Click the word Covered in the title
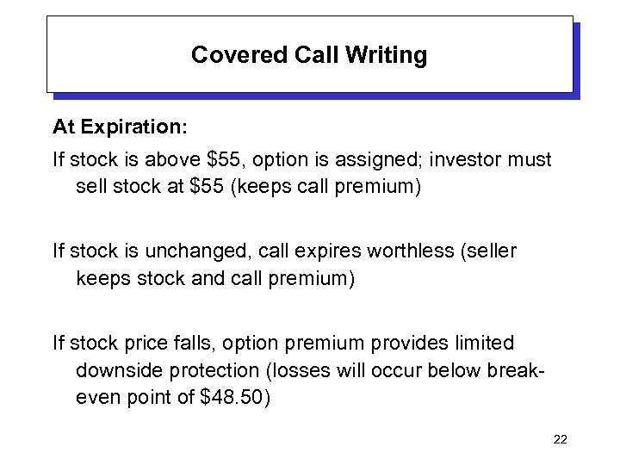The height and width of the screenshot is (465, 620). (x=226, y=56)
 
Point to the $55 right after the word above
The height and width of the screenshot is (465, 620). (x=219, y=160)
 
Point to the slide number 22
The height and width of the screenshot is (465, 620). (x=560, y=440)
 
